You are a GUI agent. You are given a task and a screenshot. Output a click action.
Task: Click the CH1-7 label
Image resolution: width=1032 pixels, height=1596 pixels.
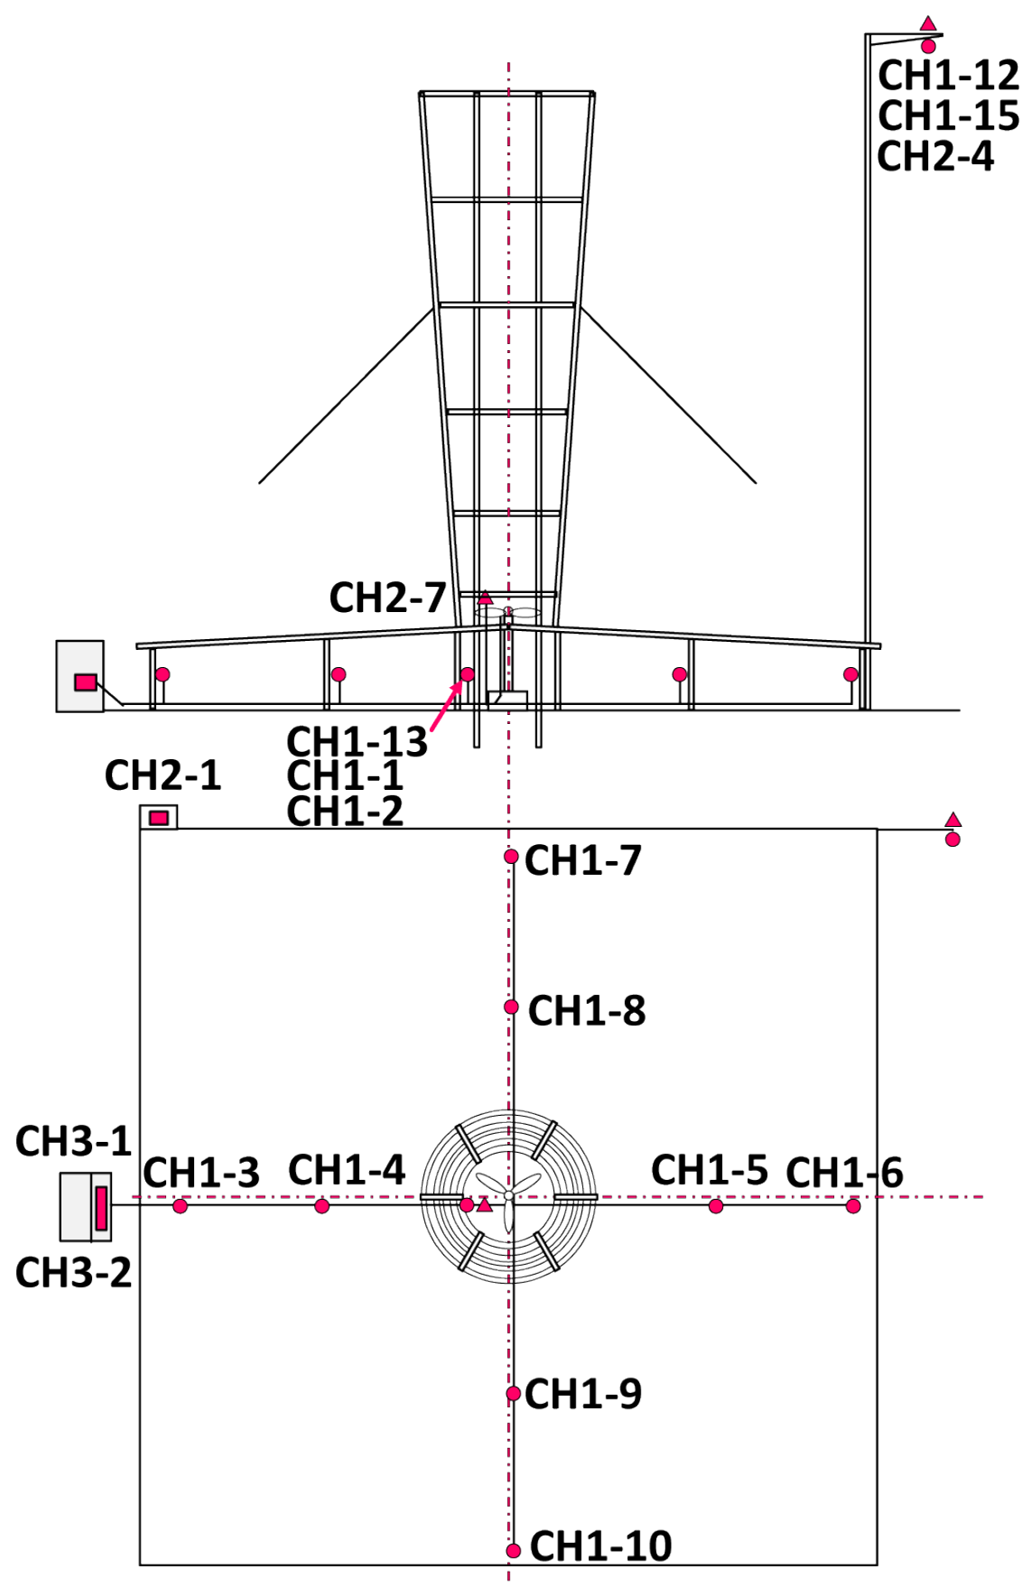pos(582,860)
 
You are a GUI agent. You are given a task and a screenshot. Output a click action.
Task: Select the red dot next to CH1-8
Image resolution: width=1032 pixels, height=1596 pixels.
pos(511,1007)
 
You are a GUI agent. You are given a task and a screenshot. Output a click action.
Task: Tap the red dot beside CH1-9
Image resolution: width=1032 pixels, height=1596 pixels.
pos(513,1394)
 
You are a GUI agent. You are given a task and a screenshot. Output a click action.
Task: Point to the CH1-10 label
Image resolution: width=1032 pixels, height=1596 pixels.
pos(600,1546)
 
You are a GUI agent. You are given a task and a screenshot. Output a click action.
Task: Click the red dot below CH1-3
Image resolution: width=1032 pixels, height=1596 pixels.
pos(180,1206)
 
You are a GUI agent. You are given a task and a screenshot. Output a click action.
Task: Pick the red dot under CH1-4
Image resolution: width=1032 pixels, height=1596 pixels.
pos(322,1206)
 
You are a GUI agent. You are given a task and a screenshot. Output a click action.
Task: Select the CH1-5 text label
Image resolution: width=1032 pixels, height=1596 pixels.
pos(709,1170)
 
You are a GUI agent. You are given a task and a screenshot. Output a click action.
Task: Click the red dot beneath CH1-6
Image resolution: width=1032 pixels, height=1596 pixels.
pos(853,1206)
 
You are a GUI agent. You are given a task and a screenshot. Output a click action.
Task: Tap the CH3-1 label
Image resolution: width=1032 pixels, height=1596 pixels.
pos(73,1141)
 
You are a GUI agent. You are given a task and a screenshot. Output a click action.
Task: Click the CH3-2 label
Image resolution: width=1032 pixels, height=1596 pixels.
pos(73,1273)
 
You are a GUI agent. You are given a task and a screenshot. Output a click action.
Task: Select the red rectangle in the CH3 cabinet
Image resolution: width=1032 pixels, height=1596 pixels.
pos(101,1208)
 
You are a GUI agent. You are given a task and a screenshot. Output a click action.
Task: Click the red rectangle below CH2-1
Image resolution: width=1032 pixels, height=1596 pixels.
pos(159,818)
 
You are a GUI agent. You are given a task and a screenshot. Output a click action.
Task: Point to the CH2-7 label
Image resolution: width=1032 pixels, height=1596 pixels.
pos(387,598)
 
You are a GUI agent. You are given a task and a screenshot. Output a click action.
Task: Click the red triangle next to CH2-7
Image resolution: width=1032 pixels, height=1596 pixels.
pos(485,598)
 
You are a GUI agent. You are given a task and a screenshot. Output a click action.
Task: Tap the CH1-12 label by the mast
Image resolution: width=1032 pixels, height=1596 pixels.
pos(948,76)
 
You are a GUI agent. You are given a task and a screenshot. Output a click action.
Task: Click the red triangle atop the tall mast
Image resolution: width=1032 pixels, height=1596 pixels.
pos(928,23)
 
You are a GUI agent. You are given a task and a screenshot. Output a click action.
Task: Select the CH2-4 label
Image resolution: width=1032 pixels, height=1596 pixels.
pos(935,156)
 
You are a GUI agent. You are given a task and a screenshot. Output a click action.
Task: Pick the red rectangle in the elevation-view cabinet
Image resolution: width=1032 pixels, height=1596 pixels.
pos(86,682)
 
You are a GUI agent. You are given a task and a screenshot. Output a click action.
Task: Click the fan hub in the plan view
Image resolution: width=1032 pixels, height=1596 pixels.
pos(508,1196)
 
